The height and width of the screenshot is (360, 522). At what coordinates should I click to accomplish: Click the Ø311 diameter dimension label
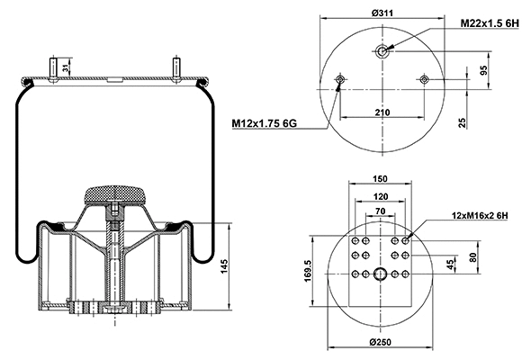[x=382, y=12]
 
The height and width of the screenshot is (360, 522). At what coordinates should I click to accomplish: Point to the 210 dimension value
[x=382, y=112]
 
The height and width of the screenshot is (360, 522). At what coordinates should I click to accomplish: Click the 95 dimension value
[x=483, y=70]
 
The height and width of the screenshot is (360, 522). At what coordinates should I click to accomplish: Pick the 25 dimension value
[x=462, y=123]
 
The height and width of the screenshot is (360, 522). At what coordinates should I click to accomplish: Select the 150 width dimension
[x=381, y=180]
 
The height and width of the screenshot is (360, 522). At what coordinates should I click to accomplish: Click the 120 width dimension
[x=381, y=195]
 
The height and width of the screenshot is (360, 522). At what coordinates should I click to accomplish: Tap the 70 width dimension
[x=381, y=211]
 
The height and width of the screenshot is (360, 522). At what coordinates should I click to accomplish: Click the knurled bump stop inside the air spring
[x=114, y=194]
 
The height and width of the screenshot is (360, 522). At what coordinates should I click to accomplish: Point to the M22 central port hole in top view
[x=382, y=51]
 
